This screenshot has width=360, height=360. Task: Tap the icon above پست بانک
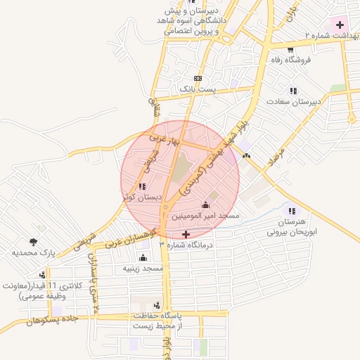point(198,78)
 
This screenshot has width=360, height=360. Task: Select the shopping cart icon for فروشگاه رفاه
point(290,49)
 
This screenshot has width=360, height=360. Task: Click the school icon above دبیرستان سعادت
point(293,91)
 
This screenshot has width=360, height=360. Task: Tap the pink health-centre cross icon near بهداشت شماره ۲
point(340,25)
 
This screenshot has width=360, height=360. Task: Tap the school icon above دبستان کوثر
point(143,186)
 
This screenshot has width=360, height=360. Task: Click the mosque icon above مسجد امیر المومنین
point(205,205)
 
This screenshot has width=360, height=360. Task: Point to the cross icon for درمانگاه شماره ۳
point(186,234)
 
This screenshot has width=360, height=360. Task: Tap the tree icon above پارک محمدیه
point(34,241)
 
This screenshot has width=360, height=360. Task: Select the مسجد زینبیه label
point(143,269)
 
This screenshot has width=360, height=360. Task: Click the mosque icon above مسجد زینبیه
point(143,257)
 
